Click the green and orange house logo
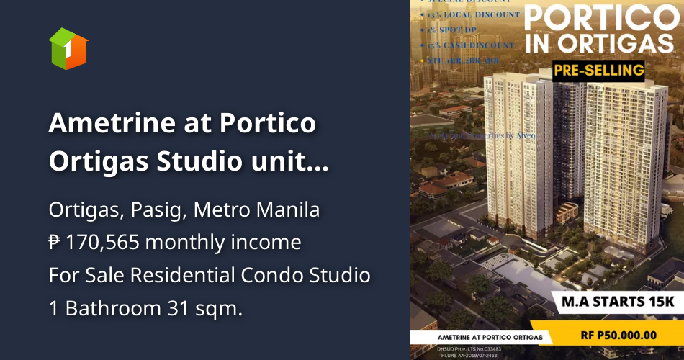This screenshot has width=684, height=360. pos(68,49)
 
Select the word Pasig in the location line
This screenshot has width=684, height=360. pos(155,211)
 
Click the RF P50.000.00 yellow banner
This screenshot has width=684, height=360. pos(618,335)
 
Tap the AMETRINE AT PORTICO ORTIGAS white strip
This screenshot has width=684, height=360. pos(482,337)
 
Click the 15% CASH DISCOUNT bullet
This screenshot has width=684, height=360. pos(469,45)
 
